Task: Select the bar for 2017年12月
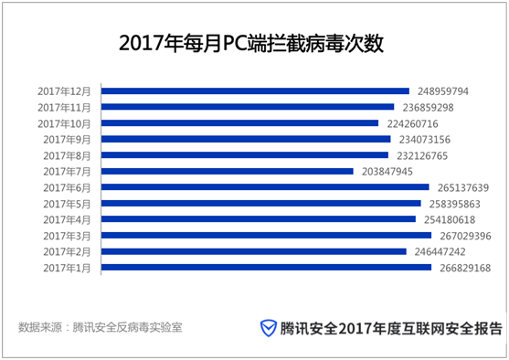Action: click(x=255, y=91)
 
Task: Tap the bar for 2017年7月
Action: click(x=228, y=171)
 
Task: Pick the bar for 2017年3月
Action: click(x=266, y=235)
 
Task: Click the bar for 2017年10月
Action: click(x=239, y=123)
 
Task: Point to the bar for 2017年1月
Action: click(x=266, y=268)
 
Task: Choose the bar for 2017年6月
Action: click(x=265, y=187)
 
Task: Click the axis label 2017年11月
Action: click(x=66, y=107)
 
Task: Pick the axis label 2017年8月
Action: click(x=69, y=155)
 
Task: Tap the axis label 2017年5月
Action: click(x=69, y=203)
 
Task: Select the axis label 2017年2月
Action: click(x=69, y=251)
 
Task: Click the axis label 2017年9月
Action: click(x=69, y=139)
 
